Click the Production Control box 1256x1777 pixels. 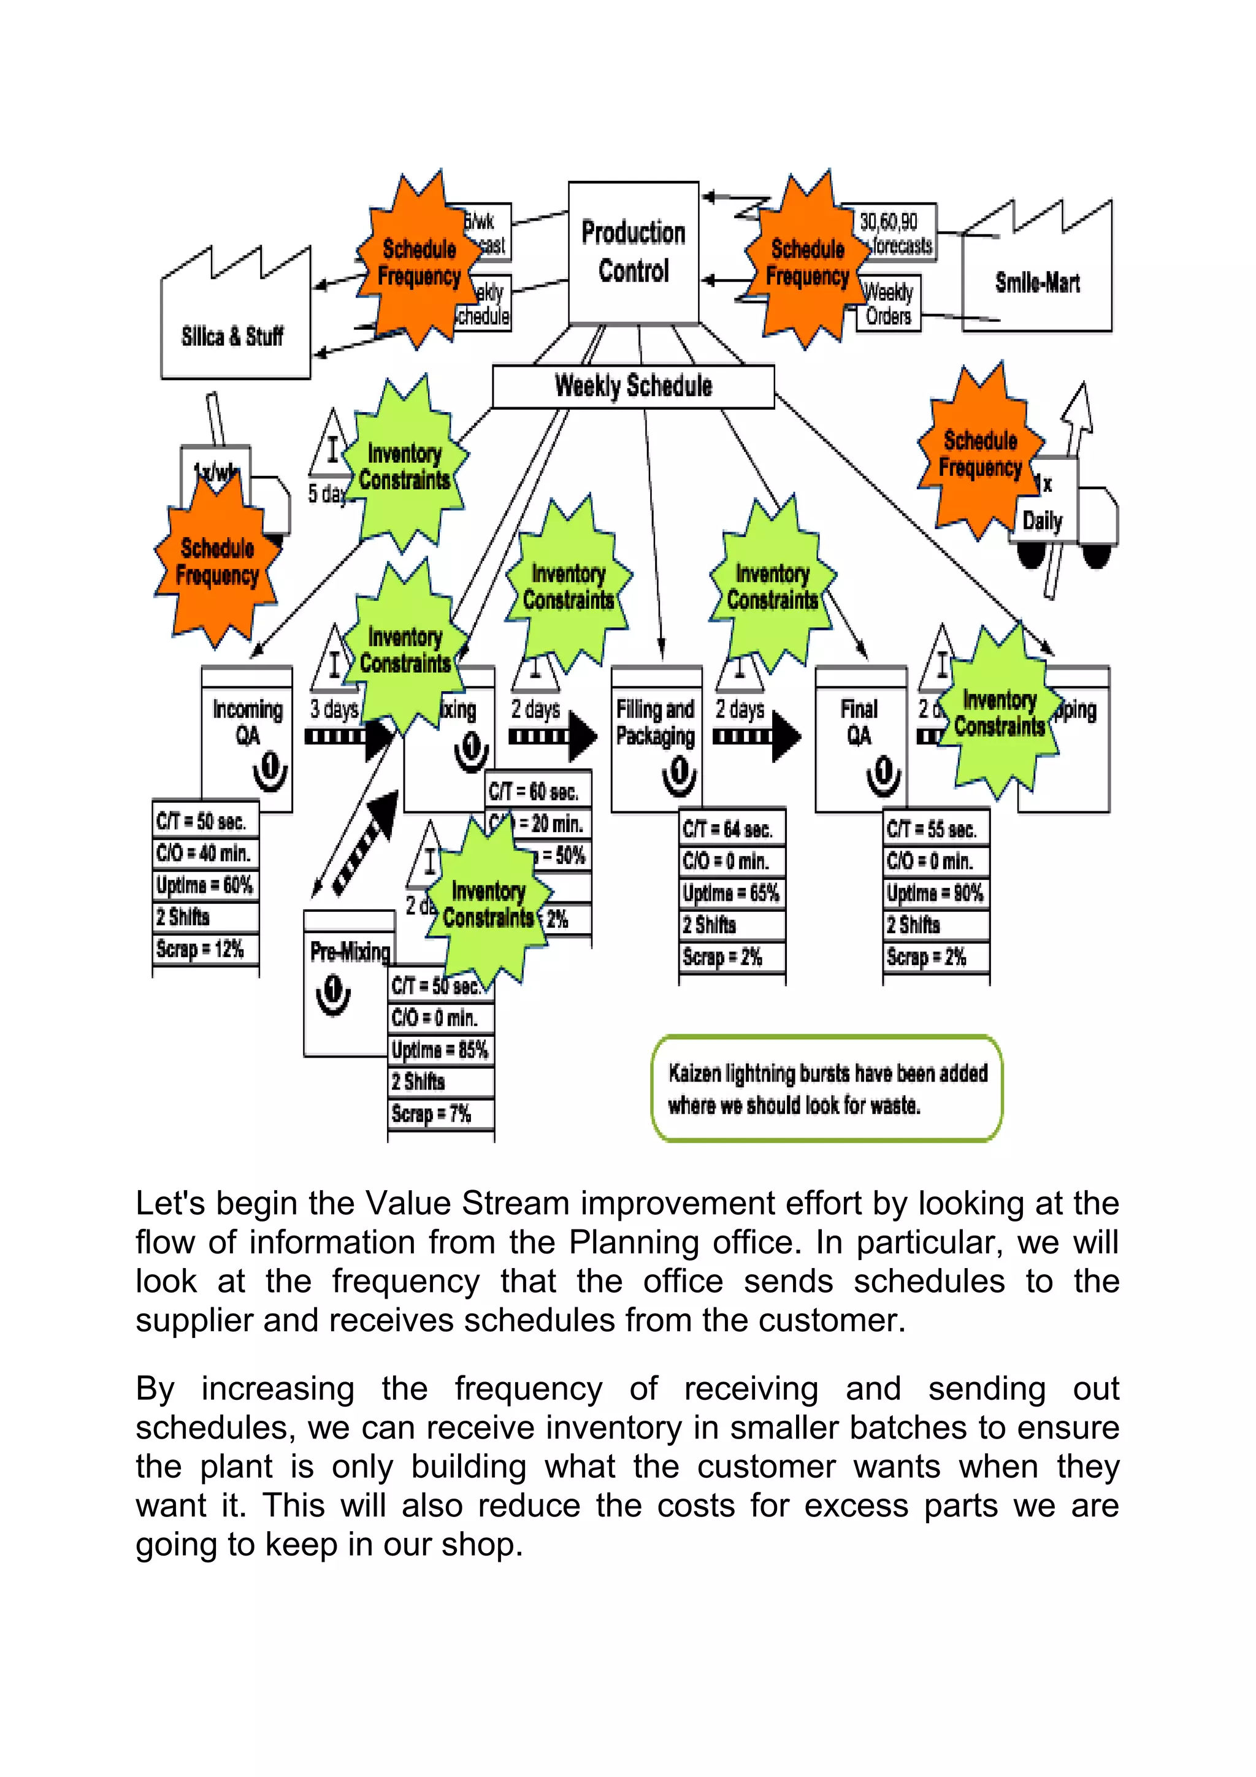click(x=633, y=252)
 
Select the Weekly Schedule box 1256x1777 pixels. click(x=633, y=386)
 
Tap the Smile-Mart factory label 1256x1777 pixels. click(x=1037, y=283)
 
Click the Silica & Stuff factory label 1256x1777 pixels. click(x=232, y=336)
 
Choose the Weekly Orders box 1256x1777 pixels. click(x=889, y=305)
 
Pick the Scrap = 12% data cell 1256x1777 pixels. click(x=204, y=949)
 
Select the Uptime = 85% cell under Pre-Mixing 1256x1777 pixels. click(x=440, y=1050)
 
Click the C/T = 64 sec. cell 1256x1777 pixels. click(x=730, y=830)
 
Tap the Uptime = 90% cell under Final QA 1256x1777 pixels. click(x=935, y=893)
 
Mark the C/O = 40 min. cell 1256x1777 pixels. click(x=204, y=854)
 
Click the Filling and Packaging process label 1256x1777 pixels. click(x=656, y=722)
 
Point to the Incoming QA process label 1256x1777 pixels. click(x=248, y=722)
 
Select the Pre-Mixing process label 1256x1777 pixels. click(x=350, y=952)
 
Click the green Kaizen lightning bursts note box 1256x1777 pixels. click(x=827, y=1088)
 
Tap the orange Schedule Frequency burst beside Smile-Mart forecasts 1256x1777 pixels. click(x=806, y=262)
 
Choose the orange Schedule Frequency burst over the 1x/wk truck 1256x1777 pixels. click(x=216, y=562)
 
